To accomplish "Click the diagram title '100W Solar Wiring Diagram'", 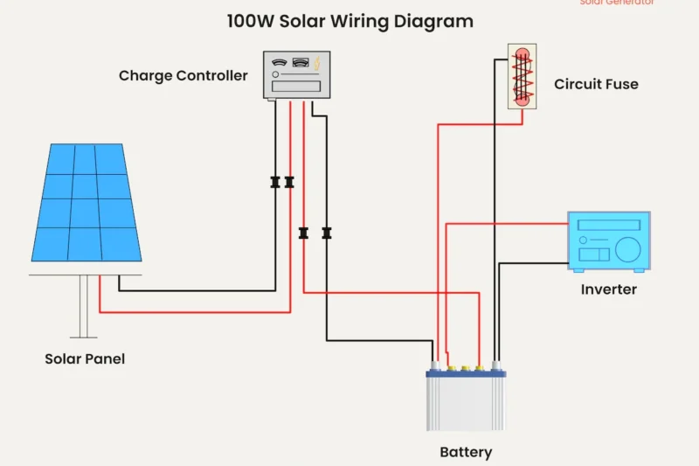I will pos(349,21).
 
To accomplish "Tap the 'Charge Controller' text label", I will pos(183,76).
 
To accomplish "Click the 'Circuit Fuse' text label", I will pos(596,85).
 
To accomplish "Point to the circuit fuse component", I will pos(522,77).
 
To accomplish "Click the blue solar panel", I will pos(87,202).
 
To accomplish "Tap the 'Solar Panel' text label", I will pos(85,359).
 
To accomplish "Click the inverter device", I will pos(608,240).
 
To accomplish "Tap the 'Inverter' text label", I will pos(608,289).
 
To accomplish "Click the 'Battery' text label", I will pos(465,453).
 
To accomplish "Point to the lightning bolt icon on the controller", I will pos(318,63).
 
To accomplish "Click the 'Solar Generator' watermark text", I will pos(616,3).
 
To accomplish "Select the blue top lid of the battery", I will pos(466,373).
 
